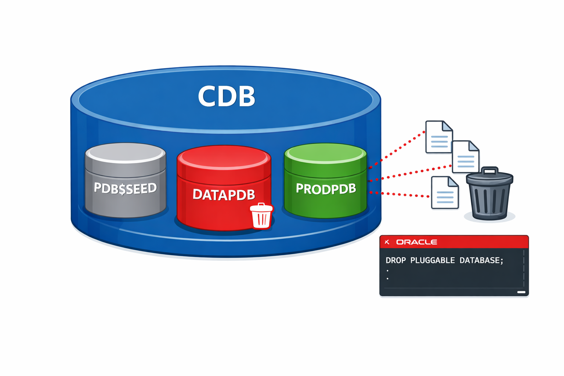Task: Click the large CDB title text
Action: click(x=226, y=96)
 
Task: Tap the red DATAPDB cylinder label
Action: click(x=223, y=195)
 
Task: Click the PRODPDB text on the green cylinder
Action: click(x=326, y=189)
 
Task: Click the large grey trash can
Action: click(x=489, y=196)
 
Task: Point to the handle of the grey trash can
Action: click(x=490, y=170)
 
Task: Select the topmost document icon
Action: click(x=438, y=137)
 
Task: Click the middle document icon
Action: click(x=465, y=157)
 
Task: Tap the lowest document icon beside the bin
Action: click(x=445, y=192)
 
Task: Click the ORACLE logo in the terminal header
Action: click(x=416, y=242)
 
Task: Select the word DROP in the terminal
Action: click(x=395, y=260)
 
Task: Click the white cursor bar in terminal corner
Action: click(x=521, y=292)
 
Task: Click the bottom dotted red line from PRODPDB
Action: click(x=400, y=195)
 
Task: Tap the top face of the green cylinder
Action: click(x=325, y=153)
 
